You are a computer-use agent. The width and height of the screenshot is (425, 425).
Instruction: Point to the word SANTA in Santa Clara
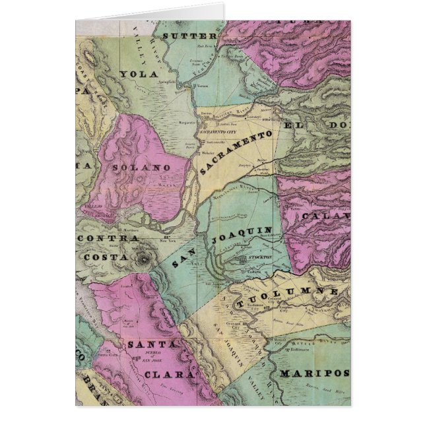150,344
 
